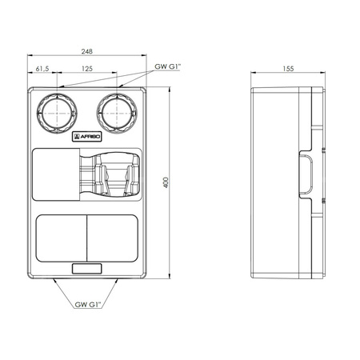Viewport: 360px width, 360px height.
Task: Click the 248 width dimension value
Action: (x=87, y=51)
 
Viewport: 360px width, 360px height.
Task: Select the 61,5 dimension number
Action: (x=42, y=69)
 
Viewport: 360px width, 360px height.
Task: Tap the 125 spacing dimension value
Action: (x=87, y=69)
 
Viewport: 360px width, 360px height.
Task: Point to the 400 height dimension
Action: (x=166, y=182)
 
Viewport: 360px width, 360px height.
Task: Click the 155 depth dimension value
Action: (x=288, y=69)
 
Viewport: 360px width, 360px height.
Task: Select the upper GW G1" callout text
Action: (x=168, y=66)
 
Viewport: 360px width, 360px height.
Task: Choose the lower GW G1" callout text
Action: (x=88, y=305)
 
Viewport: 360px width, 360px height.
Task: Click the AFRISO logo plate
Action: (x=87, y=137)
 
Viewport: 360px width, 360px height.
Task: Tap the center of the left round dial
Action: (x=57, y=114)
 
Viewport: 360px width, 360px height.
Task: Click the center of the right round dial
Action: (x=117, y=114)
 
